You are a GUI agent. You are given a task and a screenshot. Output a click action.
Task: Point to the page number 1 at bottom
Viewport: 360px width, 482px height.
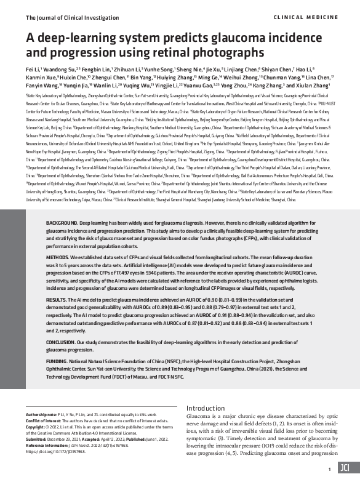(330, 468)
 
